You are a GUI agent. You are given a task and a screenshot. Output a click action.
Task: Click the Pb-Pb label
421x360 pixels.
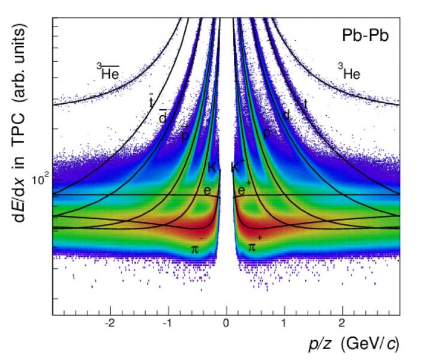pyautogui.click(x=365, y=36)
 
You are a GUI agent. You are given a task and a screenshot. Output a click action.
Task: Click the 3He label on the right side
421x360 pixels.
pyautogui.click(x=348, y=73)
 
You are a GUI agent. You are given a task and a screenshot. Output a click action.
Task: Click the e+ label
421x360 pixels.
pyautogui.click(x=244, y=190)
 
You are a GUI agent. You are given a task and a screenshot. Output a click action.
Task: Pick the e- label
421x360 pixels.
pyautogui.click(x=208, y=190)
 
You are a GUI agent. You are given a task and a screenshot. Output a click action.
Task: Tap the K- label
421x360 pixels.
pyautogui.click(x=212, y=167)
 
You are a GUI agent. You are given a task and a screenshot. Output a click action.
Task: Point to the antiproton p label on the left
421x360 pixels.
pyautogui.click(x=185, y=136)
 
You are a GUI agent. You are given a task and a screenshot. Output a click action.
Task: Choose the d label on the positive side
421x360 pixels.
pyautogui.click(x=286, y=115)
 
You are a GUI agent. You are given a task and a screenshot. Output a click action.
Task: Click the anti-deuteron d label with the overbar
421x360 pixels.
pyautogui.click(x=162, y=117)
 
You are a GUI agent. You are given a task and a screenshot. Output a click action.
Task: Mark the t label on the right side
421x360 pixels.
pyautogui.click(x=305, y=103)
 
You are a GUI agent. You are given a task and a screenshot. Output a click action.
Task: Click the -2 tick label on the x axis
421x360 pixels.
pyautogui.click(x=110, y=323)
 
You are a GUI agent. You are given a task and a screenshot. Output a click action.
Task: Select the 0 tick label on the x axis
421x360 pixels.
pyautogui.click(x=226, y=323)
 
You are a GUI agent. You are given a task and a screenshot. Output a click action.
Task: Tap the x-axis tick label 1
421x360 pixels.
pyautogui.click(x=284, y=323)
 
